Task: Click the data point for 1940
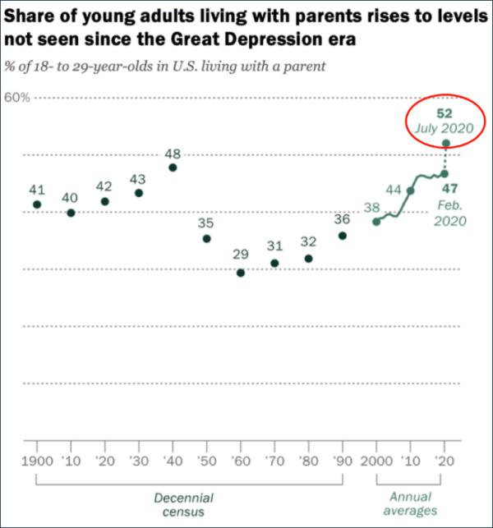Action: tap(173, 168)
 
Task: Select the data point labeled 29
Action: tap(241, 273)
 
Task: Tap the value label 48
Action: tap(173, 154)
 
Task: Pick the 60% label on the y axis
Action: tap(17, 97)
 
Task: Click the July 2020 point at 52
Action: tap(445, 143)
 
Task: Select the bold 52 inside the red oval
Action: tap(445, 112)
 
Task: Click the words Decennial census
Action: tap(184, 505)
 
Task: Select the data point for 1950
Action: tap(206, 238)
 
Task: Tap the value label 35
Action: tap(206, 223)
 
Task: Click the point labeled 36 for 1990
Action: tap(342, 236)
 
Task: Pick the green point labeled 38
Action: tap(376, 222)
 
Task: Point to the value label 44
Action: tap(394, 190)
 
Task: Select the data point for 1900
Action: tap(36, 204)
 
